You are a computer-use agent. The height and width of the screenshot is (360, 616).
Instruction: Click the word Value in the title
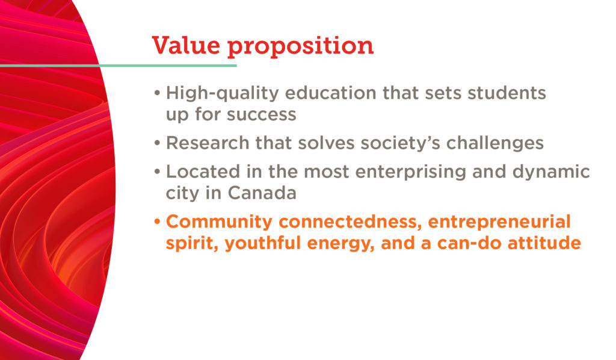(x=186, y=45)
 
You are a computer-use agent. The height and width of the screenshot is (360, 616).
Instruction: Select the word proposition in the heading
(x=301, y=47)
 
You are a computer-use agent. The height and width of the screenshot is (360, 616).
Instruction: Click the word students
(x=507, y=93)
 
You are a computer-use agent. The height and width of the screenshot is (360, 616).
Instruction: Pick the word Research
(x=208, y=143)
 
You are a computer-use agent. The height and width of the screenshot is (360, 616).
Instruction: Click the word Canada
(x=262, y=193)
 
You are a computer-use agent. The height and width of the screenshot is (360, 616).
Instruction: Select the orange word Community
(x=219, y=223)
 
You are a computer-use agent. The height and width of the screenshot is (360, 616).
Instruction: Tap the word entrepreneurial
(x=499, y=223)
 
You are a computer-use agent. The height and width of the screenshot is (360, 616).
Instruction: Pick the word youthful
(x=263, y=244)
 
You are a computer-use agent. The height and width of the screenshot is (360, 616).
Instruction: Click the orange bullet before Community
(x=157, y=222)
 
